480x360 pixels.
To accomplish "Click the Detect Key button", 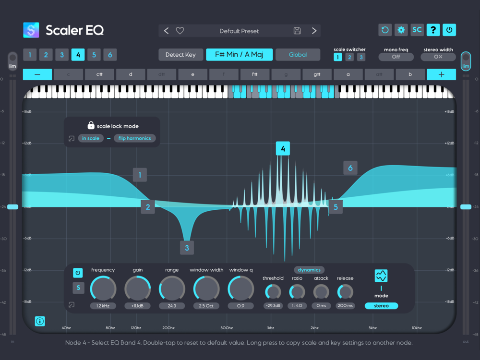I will click(180, 55).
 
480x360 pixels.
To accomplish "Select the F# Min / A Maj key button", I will click(240, 55).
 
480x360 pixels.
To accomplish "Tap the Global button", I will click(298, 55).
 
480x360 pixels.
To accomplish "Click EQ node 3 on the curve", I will click(187, 248).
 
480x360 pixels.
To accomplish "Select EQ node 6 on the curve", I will click(350, 168).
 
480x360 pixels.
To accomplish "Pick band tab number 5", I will click(94, 55).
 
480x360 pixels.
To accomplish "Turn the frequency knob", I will click(103, 289).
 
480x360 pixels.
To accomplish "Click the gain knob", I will click(138, 289).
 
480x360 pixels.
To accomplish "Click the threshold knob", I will click(273, 291).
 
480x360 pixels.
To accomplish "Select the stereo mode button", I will click(381, 306).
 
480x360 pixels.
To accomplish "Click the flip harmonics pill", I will click(135, 138).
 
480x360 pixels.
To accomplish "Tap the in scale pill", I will click(90, 138).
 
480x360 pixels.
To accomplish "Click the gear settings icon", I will click(401, 30).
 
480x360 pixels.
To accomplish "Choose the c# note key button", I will click(99, 74).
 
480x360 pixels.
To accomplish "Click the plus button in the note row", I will click(441, 74).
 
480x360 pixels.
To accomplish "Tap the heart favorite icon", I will click(180, 31).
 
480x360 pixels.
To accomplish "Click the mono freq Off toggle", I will click(396, 57).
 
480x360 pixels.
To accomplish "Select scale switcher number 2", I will click(349, 57).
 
